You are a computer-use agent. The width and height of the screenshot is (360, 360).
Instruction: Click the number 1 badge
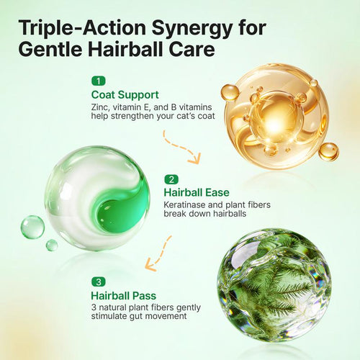(x=99, y=81)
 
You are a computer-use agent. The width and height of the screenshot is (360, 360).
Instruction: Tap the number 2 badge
(x=171, y=179)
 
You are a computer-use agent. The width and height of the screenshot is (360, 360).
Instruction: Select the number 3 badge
(x=99, y=282)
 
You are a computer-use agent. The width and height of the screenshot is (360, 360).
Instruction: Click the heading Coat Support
(x=125, y=95)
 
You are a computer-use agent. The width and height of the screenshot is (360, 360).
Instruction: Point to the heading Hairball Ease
(x=197, y=192)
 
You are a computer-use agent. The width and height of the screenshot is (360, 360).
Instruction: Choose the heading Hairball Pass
(x=124, y=296)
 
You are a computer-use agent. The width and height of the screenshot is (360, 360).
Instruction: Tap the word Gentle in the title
(x=51, y=49)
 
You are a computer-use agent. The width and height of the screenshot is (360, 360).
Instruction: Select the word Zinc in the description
(x=100, y=107)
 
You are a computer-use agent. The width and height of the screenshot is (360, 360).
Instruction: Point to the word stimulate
(x=109, y=316)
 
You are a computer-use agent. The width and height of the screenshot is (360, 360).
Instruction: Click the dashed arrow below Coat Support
(x=181, y=148)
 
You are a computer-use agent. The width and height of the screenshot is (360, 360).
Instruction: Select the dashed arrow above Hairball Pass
(x=159, y=254)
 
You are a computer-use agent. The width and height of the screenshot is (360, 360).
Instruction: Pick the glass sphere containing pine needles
(x=274, y=284)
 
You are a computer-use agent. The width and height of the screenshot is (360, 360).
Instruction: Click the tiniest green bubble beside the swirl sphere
(x=52, y=245)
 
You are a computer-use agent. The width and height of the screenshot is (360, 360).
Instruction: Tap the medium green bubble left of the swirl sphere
(x=32, y=227)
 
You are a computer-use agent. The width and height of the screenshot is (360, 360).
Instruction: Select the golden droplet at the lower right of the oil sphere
(x=328, y=152)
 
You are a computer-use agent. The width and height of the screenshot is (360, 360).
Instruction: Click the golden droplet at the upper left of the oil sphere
(x=230, y=92)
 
